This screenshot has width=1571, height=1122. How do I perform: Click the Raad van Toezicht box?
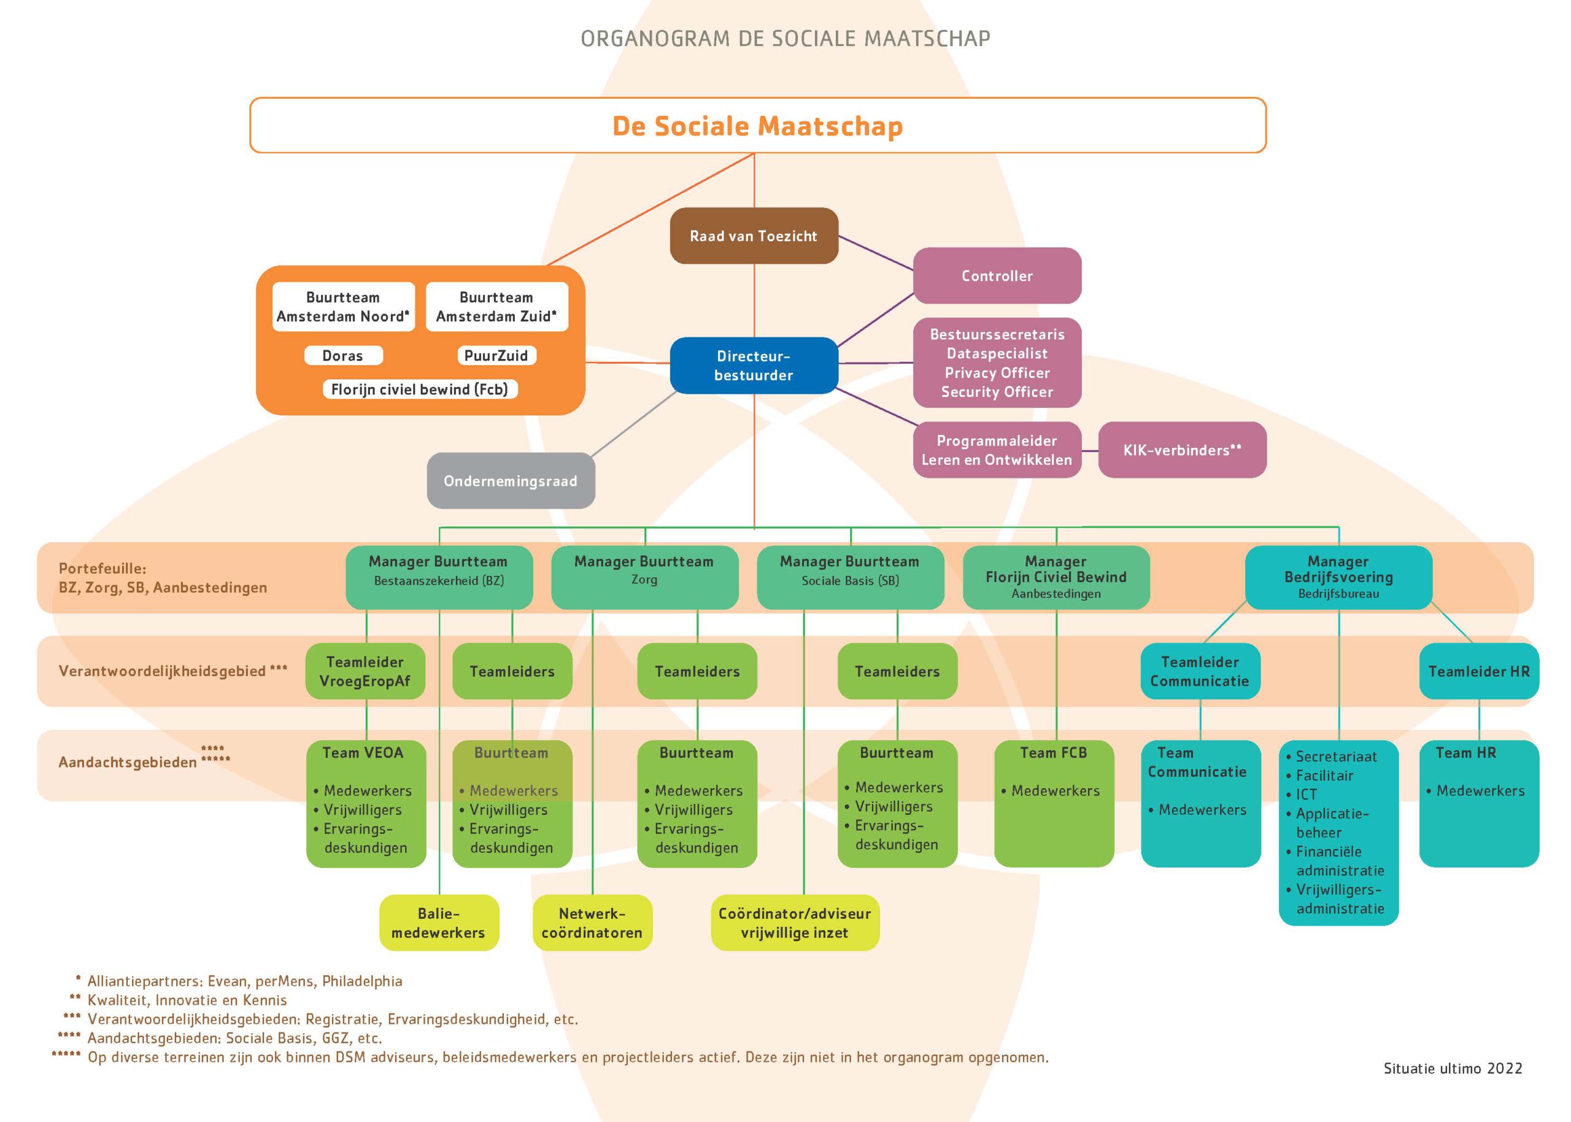[754, 236]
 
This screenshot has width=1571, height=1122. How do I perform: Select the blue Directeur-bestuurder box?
[754, 366]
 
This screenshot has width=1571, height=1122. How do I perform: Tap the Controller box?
[997, 275]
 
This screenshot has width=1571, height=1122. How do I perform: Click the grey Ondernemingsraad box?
[511, 481]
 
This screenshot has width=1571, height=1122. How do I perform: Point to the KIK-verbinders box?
[1182, 450]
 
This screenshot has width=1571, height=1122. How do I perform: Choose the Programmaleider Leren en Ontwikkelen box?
[997, 450]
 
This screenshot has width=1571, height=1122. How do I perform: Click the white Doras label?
[343, 356]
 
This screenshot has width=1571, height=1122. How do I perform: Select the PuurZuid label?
[496, 356]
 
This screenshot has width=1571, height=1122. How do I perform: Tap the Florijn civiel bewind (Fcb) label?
[420, 389]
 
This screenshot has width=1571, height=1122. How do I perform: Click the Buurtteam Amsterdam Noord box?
[344, 307]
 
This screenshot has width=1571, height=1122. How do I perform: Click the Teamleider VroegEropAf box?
[365, 671]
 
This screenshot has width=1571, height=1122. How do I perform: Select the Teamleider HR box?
[1479, 671]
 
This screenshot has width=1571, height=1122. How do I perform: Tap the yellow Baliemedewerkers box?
[439, 923]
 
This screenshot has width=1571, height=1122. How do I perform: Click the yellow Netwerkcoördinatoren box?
[592, 923]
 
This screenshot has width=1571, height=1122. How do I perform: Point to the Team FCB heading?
[1053, 752]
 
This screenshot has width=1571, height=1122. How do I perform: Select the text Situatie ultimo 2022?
[1453, 1068]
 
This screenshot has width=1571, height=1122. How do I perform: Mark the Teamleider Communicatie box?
[1200, 671]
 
